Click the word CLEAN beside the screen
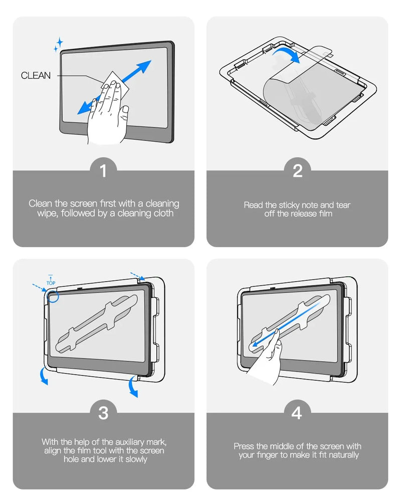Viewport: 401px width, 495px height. click(36, 76)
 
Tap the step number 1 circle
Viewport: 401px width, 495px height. click(103, 171)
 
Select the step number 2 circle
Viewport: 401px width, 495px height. click(297, 171)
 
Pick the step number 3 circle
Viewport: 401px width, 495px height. click(103, 413)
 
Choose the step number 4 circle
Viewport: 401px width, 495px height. click(297, 413)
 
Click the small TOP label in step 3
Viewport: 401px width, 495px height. click(51, 282)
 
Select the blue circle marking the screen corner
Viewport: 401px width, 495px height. click(53, 296)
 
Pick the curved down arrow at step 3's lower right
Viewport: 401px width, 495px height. click(133, 387)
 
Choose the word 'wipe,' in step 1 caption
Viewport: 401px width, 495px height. click(48, 213)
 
